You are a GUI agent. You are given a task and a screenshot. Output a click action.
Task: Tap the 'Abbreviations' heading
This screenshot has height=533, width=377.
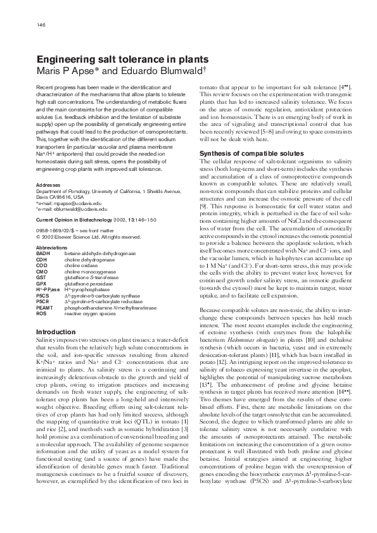point(52,248)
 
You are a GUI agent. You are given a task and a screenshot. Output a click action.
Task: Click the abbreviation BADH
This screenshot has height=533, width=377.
point(43,253)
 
